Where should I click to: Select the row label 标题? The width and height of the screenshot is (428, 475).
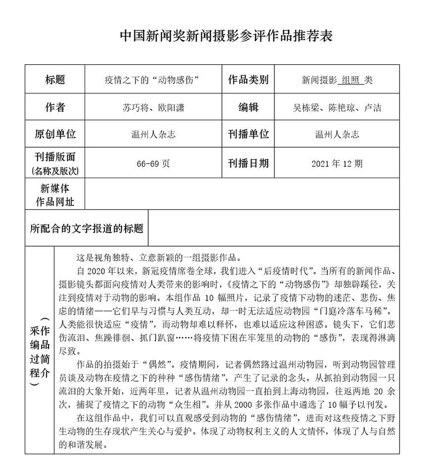click(55, 80)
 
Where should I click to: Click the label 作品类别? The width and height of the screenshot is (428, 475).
click(248, 80)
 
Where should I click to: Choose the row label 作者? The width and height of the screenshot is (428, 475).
click(55, 108)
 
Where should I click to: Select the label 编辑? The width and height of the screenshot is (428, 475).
click(248, 108)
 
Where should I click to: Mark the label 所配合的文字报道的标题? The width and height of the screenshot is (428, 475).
click(87, 228)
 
